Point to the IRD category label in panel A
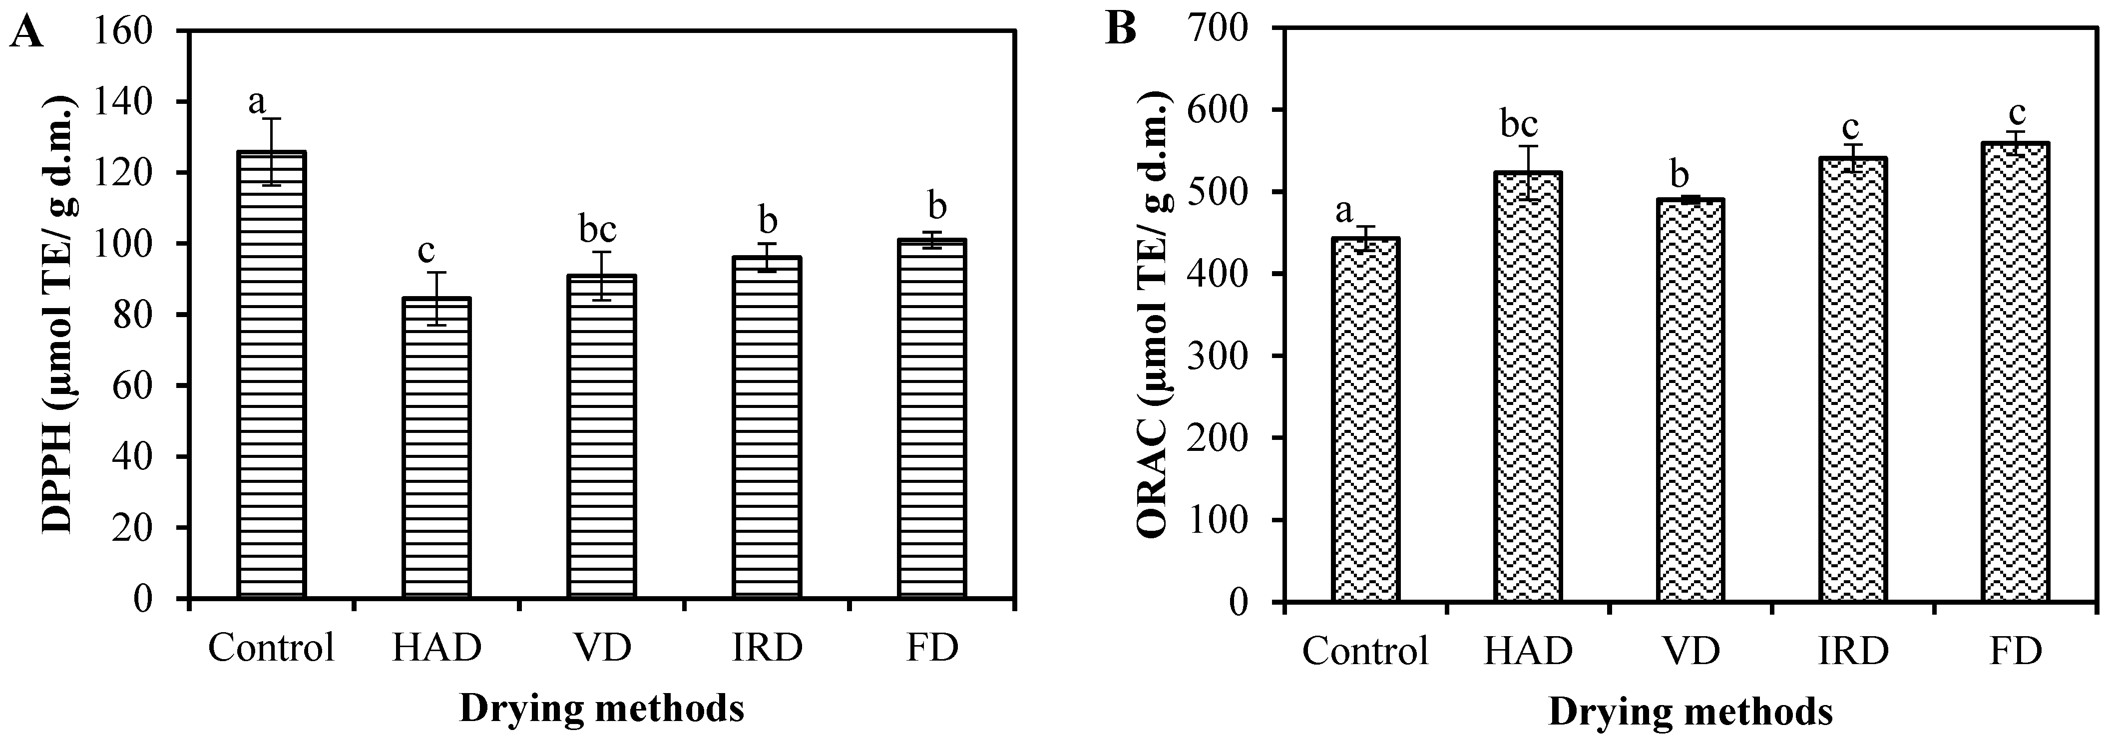(767, 648)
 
